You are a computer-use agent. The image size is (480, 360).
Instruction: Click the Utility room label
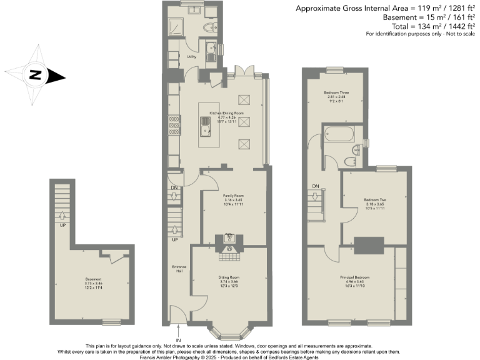pos(192,57)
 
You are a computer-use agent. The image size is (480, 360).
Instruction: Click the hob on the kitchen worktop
pos(172,125)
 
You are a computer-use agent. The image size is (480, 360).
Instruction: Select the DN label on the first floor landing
pos(316,186)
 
